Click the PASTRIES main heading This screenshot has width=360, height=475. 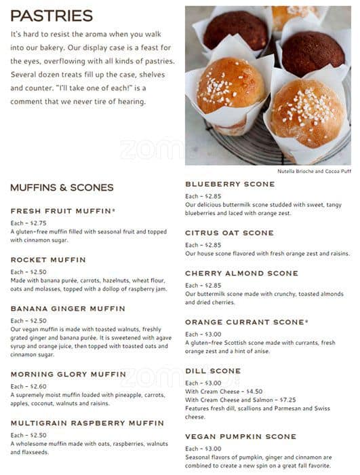click(52, 16)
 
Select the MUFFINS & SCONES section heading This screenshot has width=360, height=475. click(62, 188)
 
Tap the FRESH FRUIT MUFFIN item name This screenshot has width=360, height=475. click(63, 211)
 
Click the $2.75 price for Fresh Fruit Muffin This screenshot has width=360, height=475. click(38, 223)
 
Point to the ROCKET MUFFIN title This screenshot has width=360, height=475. click(48, 260)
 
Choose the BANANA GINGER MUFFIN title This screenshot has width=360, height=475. click(68, 309)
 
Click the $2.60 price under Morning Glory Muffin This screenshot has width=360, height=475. click(38, 386)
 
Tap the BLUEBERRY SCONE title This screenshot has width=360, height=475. click(230, 184)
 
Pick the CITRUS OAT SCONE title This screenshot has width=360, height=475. click(229, 233)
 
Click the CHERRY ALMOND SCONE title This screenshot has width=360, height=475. click(241, 273)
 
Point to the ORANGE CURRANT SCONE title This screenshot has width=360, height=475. click(245, 322)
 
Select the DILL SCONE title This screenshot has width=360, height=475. click(213, 371)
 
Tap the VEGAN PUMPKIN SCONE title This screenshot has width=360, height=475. click(240, 436)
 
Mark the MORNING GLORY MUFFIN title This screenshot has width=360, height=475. click(68, 374)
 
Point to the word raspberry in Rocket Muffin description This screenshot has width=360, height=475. click(136, 289)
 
